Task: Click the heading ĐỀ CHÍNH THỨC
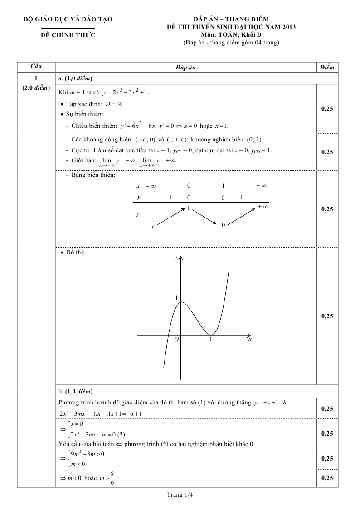point(68,35)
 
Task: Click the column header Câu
point(36,67)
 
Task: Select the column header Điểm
point(326,67)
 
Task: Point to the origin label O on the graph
point(176,339)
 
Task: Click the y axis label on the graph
point(176,257)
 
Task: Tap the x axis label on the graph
point(250,339)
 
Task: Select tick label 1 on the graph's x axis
point(210,339)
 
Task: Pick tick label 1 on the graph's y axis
point(176,297)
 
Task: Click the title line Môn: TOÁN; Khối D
point(231,34)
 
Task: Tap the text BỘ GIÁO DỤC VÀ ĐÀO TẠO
point(68,19)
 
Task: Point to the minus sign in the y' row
point(204,197)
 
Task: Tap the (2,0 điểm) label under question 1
point(36,88)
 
